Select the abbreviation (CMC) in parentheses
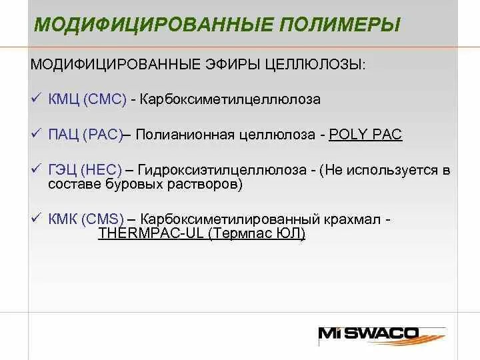coord(105,99)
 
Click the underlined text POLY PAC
coord(366,135)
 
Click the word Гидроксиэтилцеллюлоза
coord(221,171)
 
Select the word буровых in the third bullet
coord(134,184)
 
